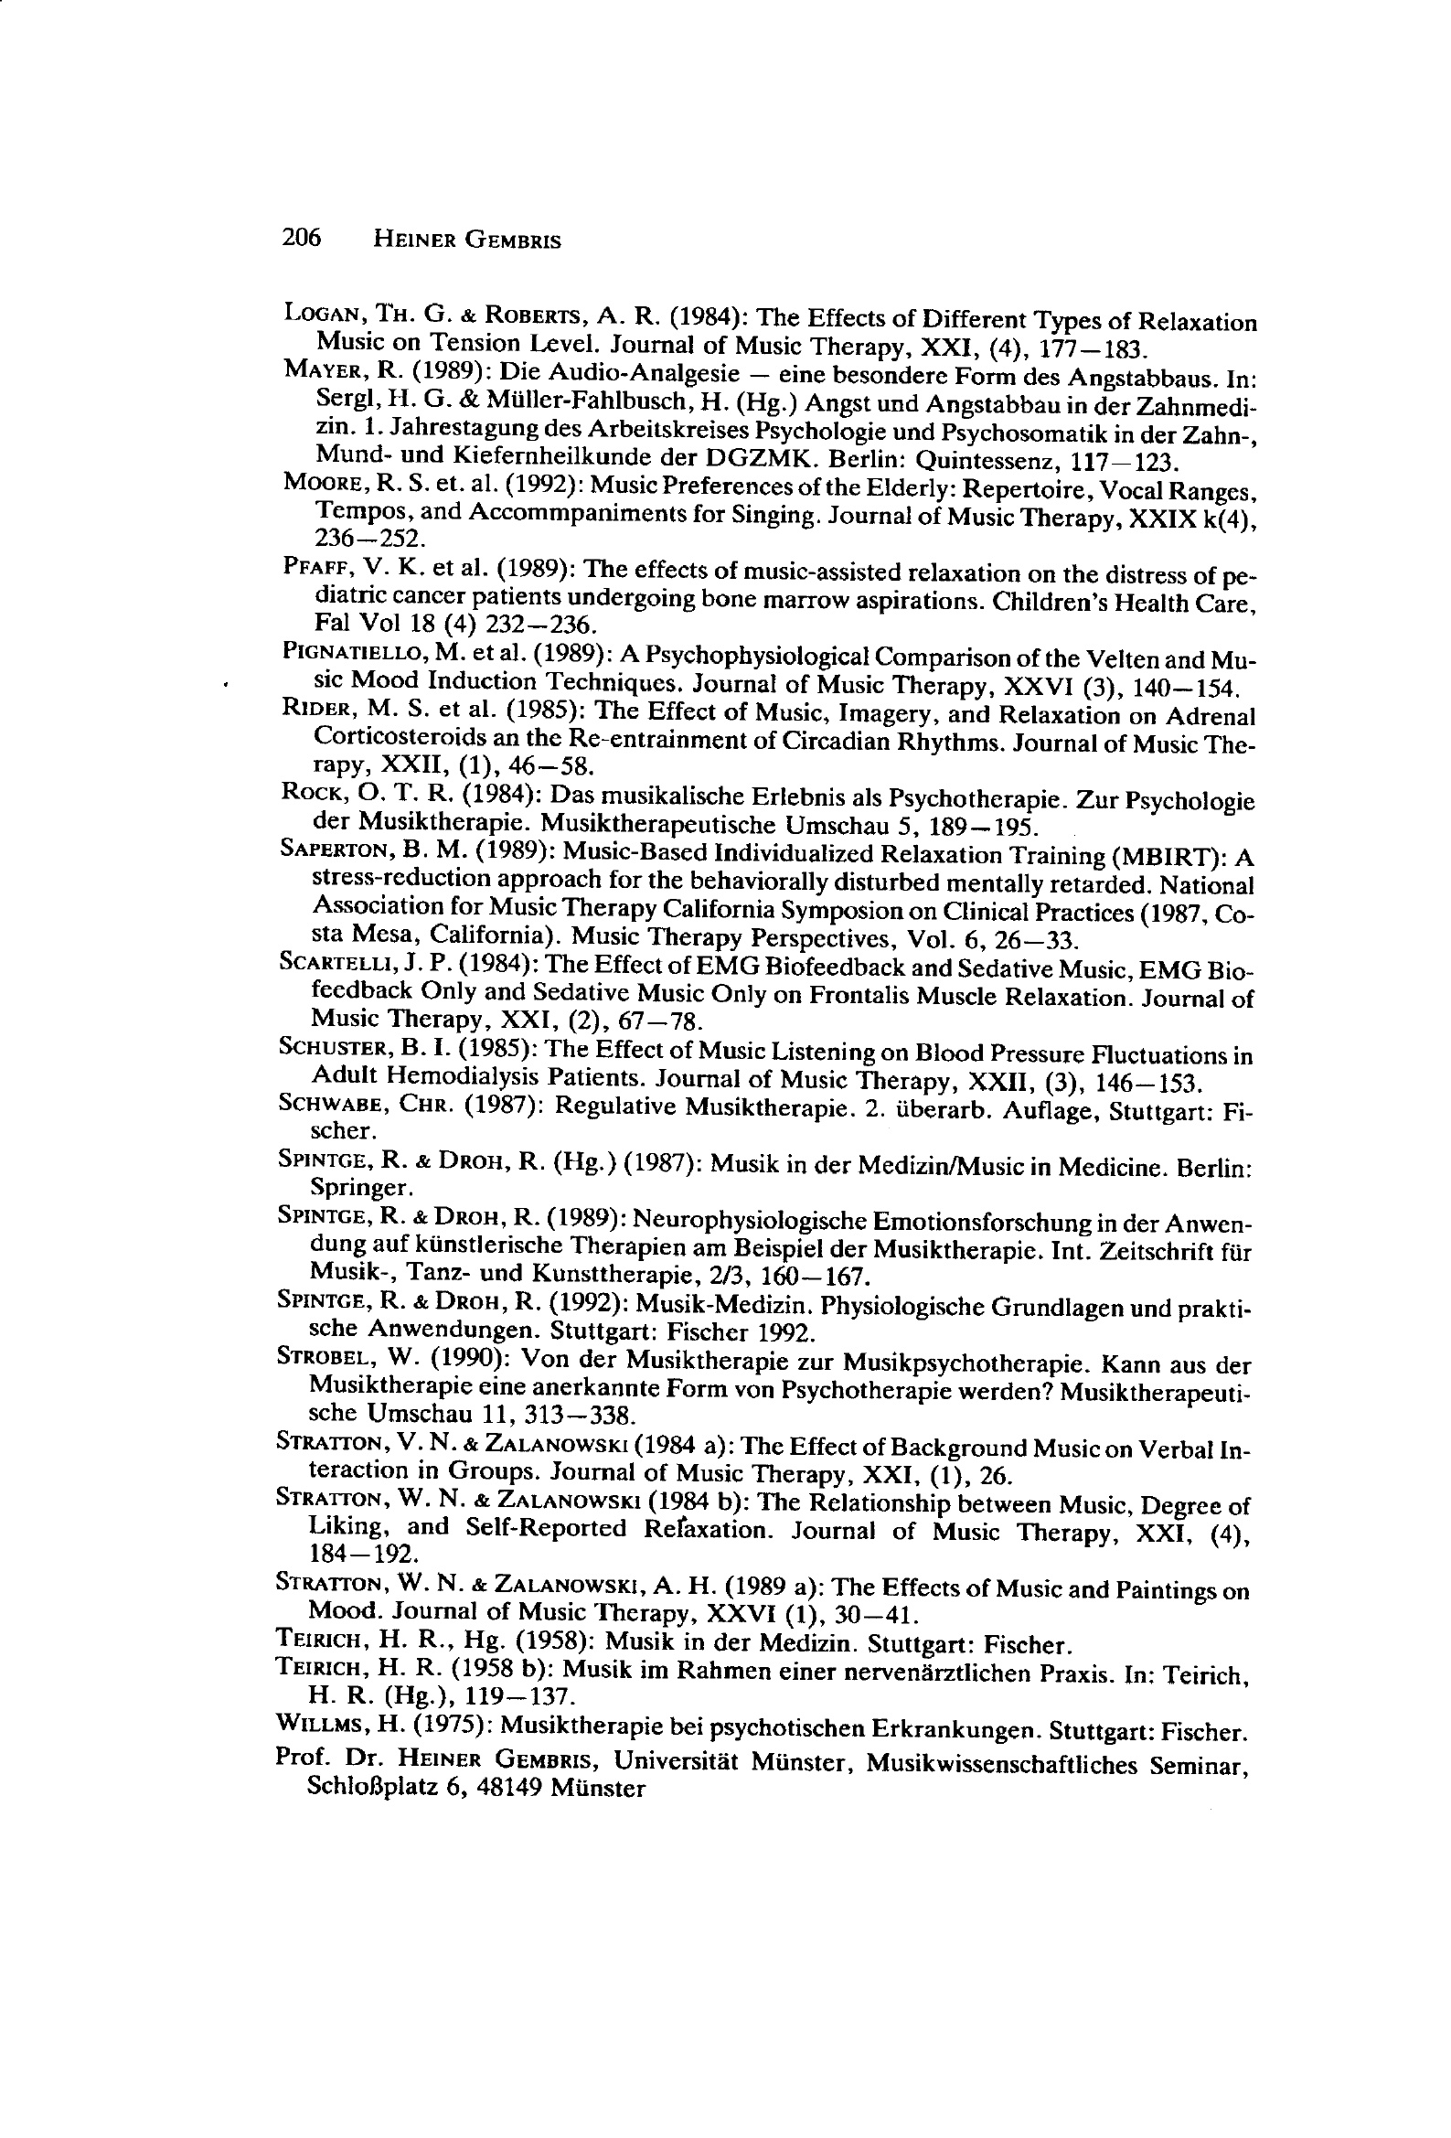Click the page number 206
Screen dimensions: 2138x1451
[301, 239]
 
